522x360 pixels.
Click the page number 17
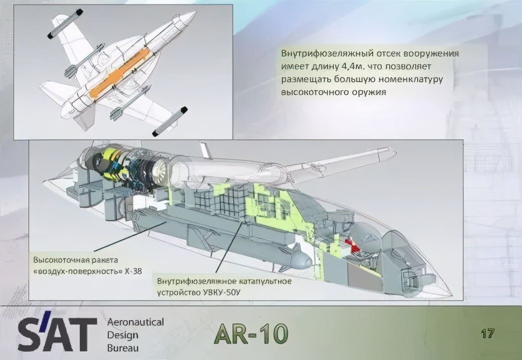(487, 333)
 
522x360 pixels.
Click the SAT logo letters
(58, 333)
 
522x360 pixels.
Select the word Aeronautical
(135, 322)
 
